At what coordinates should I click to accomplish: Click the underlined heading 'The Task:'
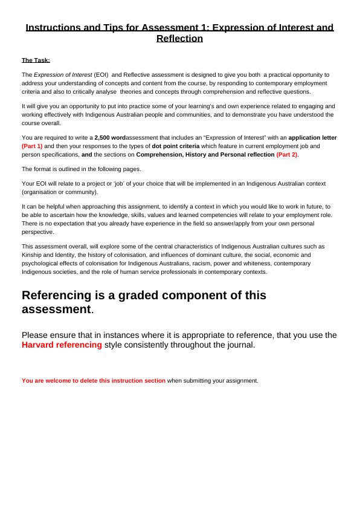[x=36, y=60]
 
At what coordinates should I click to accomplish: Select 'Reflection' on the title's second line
[x=179, y=39]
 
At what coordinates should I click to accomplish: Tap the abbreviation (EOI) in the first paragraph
[x=100, y=74]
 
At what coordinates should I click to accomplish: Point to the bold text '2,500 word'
[x=110, y=138]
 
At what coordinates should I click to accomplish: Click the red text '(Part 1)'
[x=32, y=146]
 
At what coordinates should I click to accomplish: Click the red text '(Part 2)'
[x=287, y=155]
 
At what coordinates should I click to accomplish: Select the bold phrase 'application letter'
[x=312, y=138]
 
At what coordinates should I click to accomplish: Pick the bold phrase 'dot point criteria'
[x=175, y=146]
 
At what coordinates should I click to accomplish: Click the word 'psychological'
[x=40, y=264]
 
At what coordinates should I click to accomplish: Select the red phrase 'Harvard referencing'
[x=62, y=345]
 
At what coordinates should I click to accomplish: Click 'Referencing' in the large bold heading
[x=61, y=296]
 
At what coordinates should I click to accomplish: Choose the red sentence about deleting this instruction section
[x=94, y=381]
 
